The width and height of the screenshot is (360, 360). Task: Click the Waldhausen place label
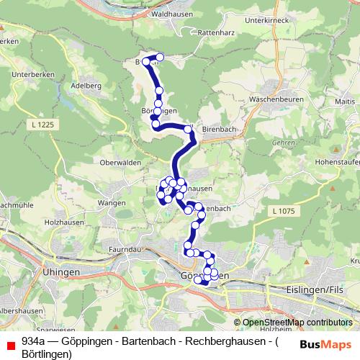point(171,14)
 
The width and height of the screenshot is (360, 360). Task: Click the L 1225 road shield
point(43,125)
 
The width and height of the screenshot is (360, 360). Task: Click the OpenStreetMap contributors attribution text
point(296,323)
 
